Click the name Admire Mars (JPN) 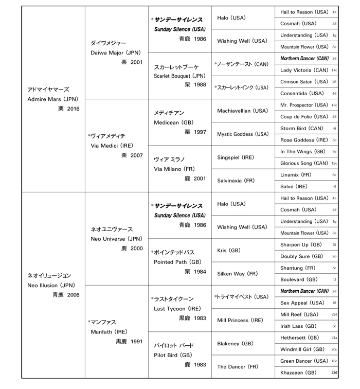(x=51, y=99)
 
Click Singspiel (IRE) (x=236, y=157)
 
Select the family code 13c (x=334, y=105)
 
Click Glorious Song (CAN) (x=304, y=163)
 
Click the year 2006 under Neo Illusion (x=76, y=295)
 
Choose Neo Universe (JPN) (x=116, y=239)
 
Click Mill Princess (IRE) (x=240, y=320)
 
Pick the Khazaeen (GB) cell (x=298, y=373)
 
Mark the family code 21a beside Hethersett (x=334, y=338)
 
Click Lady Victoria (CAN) (x=304, y=70)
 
